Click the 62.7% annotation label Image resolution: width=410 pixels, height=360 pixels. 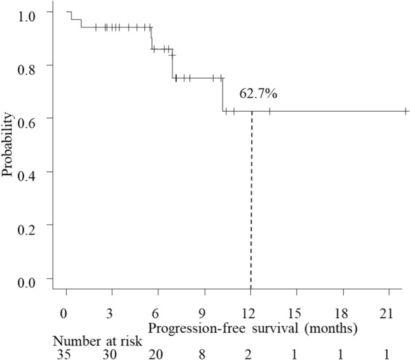coord(258,94)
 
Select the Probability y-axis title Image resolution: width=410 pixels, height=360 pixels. coord(8,145)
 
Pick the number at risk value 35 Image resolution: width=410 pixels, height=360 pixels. coord(64,354)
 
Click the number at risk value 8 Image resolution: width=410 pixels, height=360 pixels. coord(205,354)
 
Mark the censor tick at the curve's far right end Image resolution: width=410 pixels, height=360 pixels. coord(406,112)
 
